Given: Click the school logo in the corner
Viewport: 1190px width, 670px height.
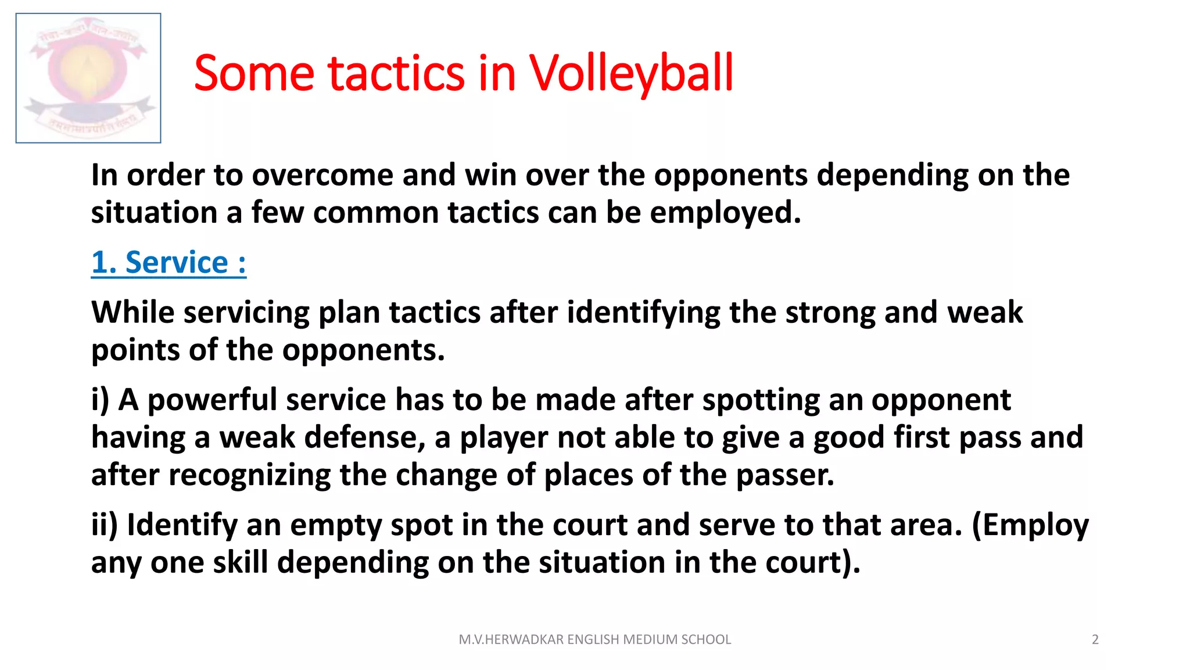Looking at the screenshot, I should click(x=88, y=78).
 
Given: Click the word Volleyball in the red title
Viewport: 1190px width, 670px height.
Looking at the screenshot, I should click(x=631, y=73).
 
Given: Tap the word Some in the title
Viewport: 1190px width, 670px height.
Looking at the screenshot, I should click(x=254, y=73).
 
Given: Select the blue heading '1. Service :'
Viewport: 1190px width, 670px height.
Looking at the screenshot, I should click(x=169, y=262).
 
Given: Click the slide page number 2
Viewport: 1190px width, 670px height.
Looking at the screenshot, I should click(x=1095, y=640).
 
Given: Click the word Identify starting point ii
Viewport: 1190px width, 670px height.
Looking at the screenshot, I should click(x=182, y=525).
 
